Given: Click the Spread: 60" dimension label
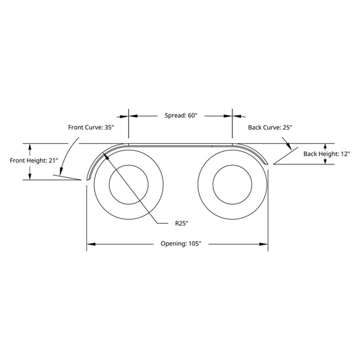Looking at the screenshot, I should tap(180, 115).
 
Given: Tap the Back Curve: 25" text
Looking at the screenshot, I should tap(270, 127).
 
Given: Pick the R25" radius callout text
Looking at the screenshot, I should tap(182, 223).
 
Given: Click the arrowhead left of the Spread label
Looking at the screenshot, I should tap(133, 115).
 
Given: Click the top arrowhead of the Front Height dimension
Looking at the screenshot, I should tap(29, 146).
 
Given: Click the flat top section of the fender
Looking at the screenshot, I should tap(180, 144).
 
